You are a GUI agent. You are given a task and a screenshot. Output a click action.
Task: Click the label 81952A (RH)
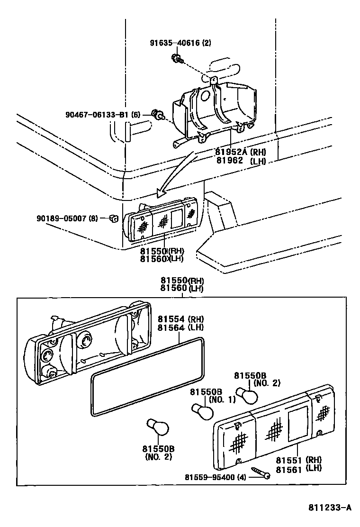(x=240, y=152)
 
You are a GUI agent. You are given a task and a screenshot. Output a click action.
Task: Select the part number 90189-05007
(x=67, y=218)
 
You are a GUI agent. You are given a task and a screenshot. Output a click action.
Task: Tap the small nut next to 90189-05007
(x=113, y=218)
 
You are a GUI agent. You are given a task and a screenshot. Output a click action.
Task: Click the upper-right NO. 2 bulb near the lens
(x=247, y=394)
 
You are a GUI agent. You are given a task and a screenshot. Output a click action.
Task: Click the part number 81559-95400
(x=216, y=476)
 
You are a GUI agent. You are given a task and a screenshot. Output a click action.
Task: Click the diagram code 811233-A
(x=330, y=508)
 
